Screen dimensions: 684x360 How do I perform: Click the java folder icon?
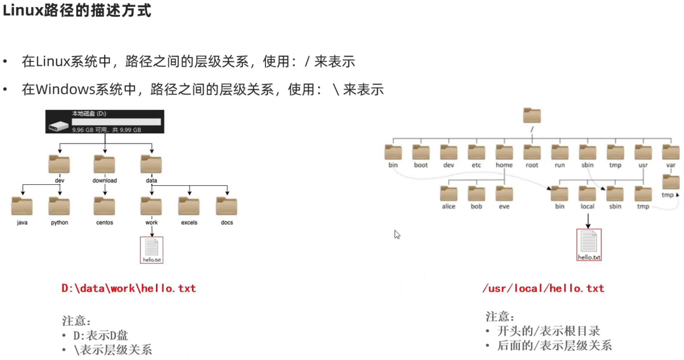pos(22,206)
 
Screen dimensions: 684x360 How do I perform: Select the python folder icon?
pos(59,206)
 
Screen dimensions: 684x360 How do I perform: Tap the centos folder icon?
pos(105,206)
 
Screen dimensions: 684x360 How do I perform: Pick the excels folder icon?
pos(189,206)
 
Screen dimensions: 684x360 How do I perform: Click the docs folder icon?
pos(227,206)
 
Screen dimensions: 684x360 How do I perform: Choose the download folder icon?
pos(105,164)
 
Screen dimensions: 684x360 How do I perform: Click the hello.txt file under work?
pos(152,250)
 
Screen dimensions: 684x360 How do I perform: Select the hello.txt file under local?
pos(589,244)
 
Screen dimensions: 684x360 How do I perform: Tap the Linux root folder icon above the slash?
pos(532,116)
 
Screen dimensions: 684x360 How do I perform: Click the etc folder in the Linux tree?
pos(476,152)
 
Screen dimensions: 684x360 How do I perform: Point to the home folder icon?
pos(504,152)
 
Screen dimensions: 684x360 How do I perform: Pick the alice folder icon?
pos(449,194)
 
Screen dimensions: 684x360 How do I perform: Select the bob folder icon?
pos(476,194)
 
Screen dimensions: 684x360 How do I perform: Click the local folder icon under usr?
pos(587,194)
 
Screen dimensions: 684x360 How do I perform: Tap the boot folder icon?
pos(421,152)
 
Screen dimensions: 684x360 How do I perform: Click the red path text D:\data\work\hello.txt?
pos(129,288)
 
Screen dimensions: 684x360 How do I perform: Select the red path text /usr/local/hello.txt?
pos(543,288)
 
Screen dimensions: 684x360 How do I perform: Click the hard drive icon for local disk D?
pos(58,126)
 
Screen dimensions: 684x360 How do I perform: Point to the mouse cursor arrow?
pos(397,234)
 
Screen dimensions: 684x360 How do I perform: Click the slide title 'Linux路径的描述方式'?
pos(77,10)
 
